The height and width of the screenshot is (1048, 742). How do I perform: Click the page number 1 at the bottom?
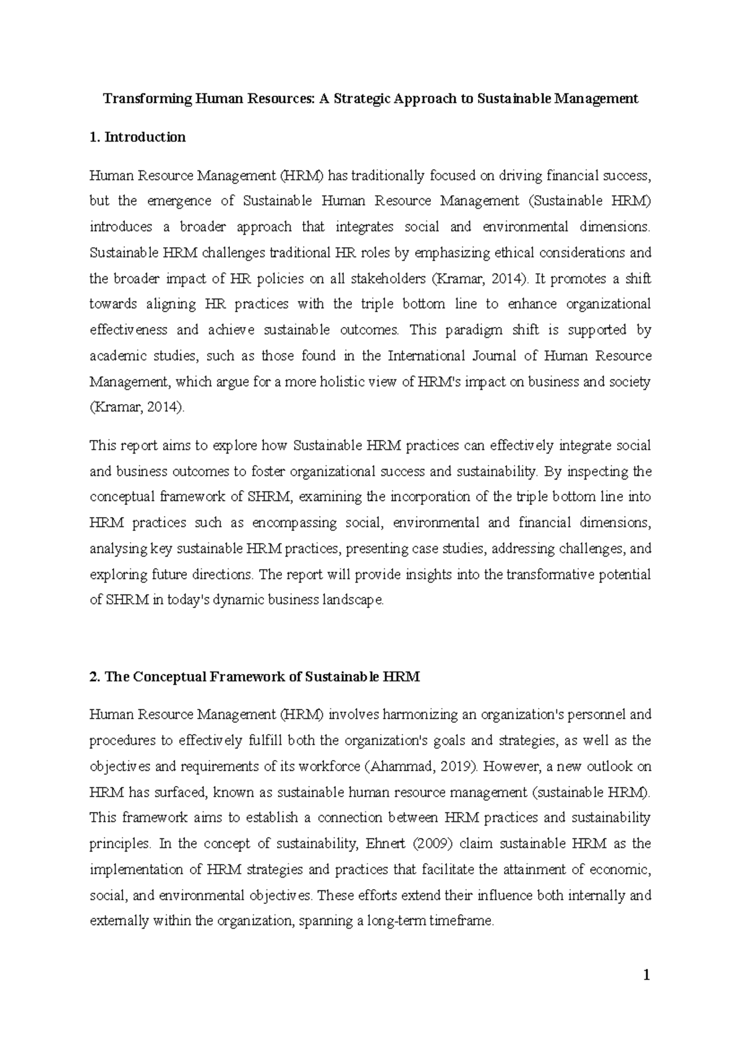(x=646, y=976)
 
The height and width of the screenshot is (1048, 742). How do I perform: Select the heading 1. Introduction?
(x=138, y=137)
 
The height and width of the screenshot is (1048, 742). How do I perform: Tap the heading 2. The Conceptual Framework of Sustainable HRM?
(x=255, y=677)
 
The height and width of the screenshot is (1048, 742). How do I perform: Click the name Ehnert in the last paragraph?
(x=388, y=843)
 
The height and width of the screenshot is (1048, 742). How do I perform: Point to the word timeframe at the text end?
(x=463, y=921)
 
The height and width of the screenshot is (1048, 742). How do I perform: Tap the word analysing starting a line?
(x=119, y=549)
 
